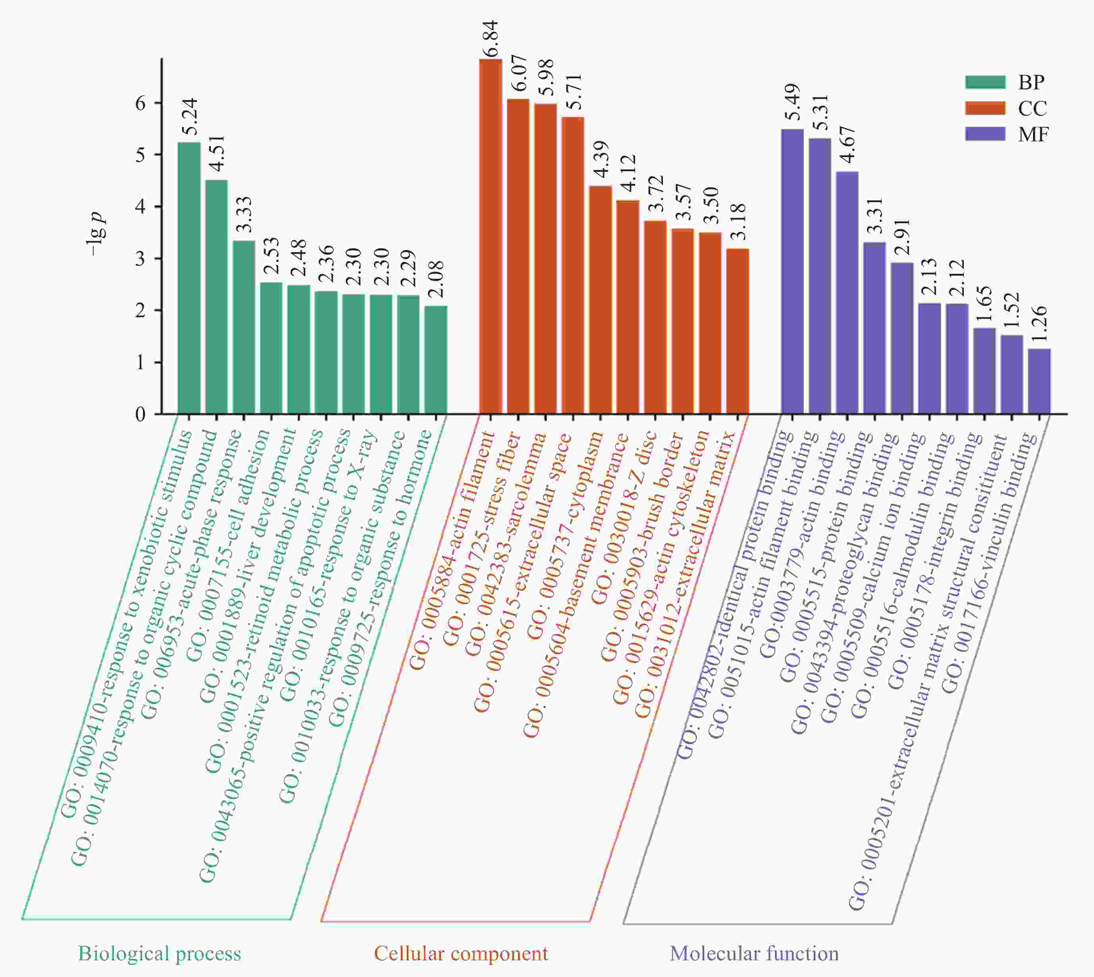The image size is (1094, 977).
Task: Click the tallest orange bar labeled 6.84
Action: (490, 236)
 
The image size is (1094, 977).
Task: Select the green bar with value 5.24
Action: (189, 278)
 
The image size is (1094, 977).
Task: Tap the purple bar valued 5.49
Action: (792, 272)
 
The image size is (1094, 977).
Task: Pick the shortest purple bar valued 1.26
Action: (1039, 381)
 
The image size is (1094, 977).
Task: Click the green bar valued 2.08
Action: (436, 360)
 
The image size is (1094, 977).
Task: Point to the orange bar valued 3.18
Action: (738, 331)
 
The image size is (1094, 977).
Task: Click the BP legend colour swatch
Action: (985, 82)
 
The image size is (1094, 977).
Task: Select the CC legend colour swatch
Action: (985, 108)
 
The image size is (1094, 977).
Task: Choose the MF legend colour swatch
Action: (985, 134)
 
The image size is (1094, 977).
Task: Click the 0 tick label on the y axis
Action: (141, 414)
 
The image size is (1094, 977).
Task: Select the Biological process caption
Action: (160, 954)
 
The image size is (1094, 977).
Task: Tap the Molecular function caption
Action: (754, 954)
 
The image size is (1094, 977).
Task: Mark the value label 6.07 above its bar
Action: (518, 73)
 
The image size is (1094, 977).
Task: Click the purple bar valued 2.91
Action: (902, 338)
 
